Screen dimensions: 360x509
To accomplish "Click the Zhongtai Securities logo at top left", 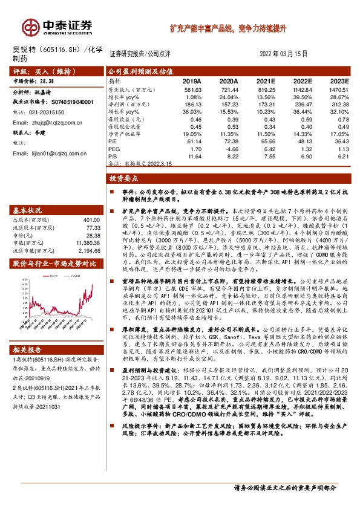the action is tap(57, 26).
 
